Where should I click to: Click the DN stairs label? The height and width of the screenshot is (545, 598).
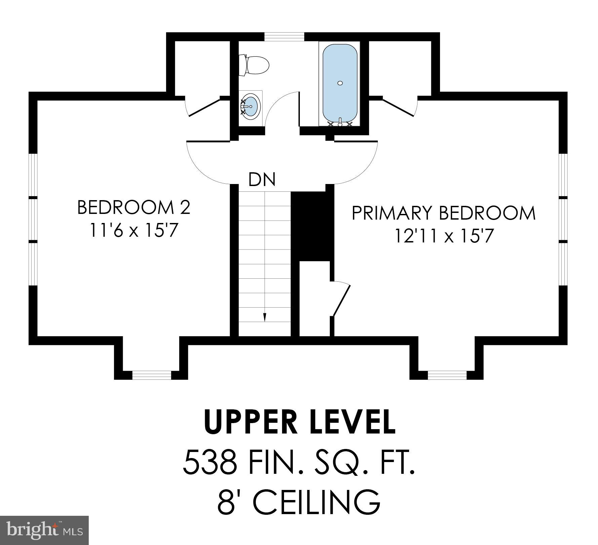(262, 179)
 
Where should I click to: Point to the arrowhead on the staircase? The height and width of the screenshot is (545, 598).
(265, 317)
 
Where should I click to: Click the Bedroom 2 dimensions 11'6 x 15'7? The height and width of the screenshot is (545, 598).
(133, 231)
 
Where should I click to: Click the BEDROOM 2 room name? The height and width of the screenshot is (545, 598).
(134, 208)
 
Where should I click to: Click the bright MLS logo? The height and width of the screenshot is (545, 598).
(44, 530)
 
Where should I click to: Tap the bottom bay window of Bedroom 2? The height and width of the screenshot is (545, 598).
(152, 375)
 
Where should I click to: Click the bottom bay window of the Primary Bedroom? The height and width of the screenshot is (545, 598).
(447, 375)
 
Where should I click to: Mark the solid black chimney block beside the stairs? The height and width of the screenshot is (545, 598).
(312, 226)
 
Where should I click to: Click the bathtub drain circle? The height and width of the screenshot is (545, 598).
(340, 83)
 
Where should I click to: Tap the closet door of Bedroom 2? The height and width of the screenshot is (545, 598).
(203, 107)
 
